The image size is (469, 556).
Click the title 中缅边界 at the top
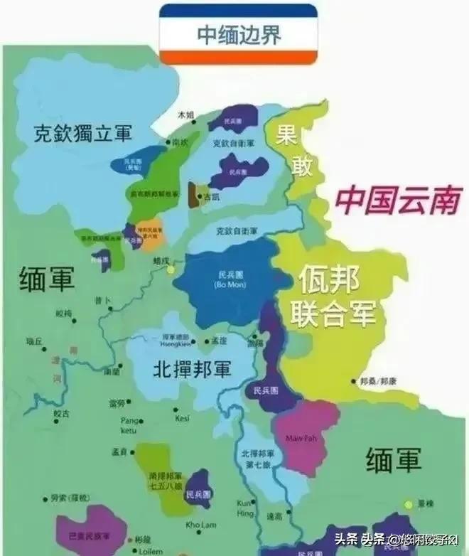click(x=238, y=34)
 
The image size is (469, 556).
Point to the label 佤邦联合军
click(x=336, y=294)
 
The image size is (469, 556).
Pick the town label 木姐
click(x=185, y=114)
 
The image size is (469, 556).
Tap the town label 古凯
click(x=210, y=196)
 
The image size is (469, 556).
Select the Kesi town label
click(x=182, y=418)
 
